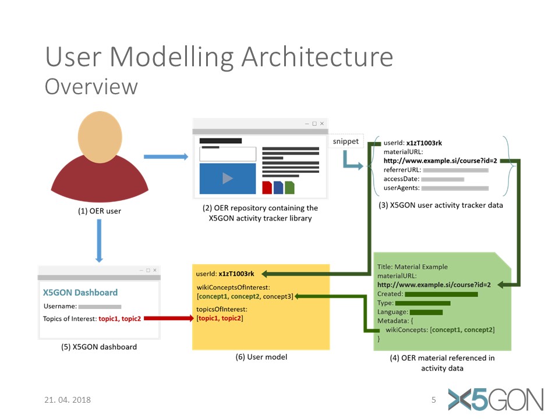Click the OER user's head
coord(100,137)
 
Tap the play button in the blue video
coord(228,178)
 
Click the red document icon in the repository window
coord(267,187)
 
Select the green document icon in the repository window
coord(289,187)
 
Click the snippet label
coord(345,141)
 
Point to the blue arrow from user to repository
coord(166,157)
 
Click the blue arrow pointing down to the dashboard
coord(99,241)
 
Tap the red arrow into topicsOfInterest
coord(169,318)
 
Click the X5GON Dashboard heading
coord(80,293)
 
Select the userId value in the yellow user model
coord(236,274)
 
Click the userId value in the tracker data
coord(424,143)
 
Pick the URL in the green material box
coord(434,285)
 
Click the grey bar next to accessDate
coord(443,179)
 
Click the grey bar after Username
coord(100,307)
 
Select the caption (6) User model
coord(261,357)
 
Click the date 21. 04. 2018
coord(68,400)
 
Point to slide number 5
coord(433,400)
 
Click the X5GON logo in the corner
coord(496,399)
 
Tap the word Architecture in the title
coord(317,56)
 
